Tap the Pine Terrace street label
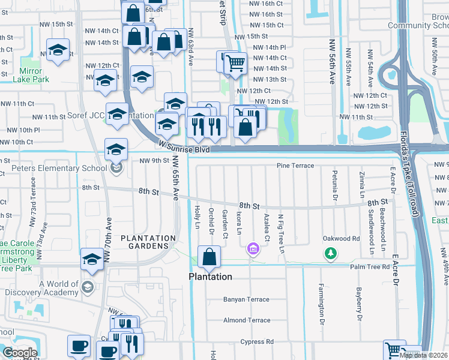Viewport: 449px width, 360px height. coord(295,165)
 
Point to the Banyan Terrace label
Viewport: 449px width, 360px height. coord(246,299)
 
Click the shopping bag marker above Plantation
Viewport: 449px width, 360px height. coord(208,257)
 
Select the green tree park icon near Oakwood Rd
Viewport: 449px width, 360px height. coord(330,254)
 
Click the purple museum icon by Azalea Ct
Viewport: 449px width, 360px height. coord(253,248)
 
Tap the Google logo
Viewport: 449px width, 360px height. coord(20,352)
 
